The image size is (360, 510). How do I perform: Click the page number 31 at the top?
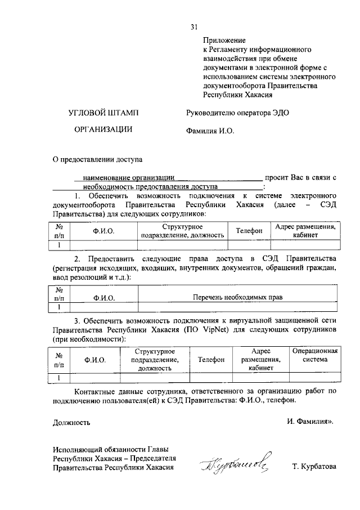point(194,26)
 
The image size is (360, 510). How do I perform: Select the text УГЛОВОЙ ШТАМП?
point(103,113)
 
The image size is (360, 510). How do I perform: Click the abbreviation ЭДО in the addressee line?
point(279,113)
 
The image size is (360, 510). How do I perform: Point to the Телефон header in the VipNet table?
point(211,359)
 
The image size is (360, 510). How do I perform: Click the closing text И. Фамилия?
point(310,421)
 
